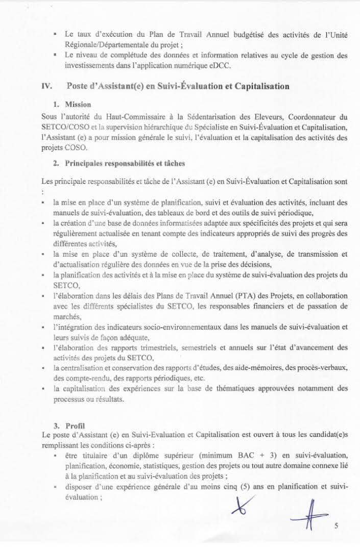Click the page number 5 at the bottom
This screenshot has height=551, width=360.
tap(337, 527)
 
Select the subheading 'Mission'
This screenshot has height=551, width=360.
tap(78, 105)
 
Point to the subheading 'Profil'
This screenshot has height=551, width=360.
tap(76, 425)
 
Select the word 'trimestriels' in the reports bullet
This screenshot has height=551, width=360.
tap(164, 348)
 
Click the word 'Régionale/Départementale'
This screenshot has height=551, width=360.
tap(108, 44)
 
